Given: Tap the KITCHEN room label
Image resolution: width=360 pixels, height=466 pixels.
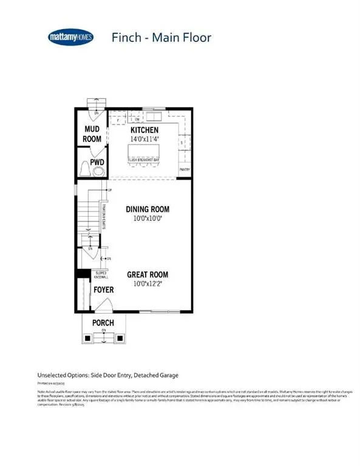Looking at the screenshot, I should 144,130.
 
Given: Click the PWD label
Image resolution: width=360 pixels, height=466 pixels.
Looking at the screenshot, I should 97,162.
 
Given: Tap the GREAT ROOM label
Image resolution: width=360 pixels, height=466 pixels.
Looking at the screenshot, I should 147,274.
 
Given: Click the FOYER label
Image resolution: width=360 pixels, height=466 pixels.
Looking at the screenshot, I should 103,290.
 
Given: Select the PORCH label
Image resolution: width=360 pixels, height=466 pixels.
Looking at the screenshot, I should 103,322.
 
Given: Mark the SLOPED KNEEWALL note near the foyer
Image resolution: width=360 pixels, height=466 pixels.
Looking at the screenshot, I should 101,276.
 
